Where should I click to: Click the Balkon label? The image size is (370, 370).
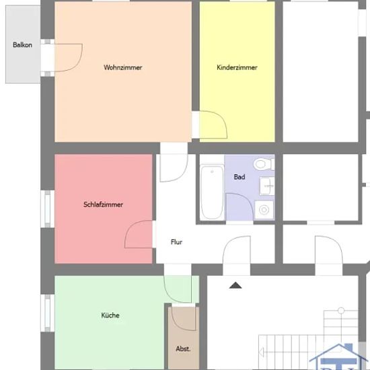click(x=22, y=45)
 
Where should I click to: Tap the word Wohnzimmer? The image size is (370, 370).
click(x=123, y=67)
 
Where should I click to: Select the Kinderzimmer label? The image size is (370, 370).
click(x=237, y=67)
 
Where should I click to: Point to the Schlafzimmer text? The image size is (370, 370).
click(x=103, y=205)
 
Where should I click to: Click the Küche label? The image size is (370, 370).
click(x=110, y=316)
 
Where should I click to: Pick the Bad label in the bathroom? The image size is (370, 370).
click(x=239, y=177)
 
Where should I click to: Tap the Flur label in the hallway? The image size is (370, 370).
click(x=176, y=242)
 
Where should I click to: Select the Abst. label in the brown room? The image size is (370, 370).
click(x=183, y=348)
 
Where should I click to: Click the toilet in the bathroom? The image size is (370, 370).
click(x=264, y=164)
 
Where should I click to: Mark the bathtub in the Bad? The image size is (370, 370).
click(x=212, y=192)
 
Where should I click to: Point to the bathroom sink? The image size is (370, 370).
click(x=267, y=186)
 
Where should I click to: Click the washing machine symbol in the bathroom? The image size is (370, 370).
click(x=264, y=209)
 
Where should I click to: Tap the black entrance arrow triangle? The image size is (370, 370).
click(x=235, y=285)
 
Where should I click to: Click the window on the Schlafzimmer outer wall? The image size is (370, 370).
click(x=48, y=209)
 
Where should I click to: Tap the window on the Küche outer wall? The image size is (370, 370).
click(x=48, y=313)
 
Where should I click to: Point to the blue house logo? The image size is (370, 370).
click(x=339, y=357)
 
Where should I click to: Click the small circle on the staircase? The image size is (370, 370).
click(x=341, y=310)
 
